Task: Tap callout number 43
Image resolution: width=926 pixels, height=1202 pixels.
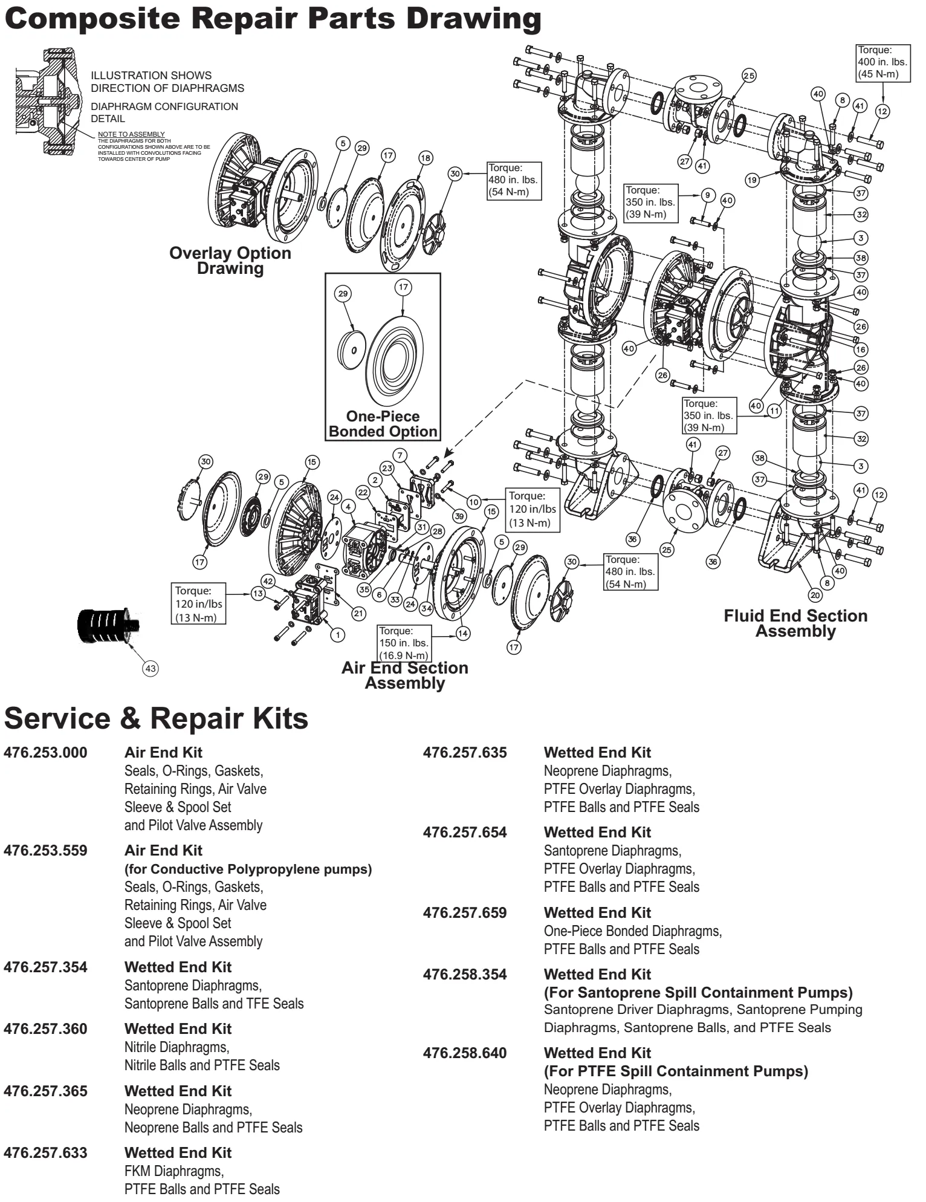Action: (x=151, y=669)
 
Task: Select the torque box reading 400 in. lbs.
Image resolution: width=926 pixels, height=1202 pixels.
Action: (x=882, y=62)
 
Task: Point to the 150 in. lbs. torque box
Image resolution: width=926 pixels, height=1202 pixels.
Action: (x=404, y=643)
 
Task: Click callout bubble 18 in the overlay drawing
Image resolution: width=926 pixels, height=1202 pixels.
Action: (x=426, y=158)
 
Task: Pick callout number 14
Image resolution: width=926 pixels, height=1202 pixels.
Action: (x=463, y=634)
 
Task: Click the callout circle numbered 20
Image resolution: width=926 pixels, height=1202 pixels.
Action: (x=815, y=595)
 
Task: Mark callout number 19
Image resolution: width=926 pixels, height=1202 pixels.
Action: (x=753, y=180)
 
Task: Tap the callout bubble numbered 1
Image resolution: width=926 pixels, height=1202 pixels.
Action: (x=337, y=634)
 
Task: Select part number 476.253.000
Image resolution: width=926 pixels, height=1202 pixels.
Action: (x=45, y=753)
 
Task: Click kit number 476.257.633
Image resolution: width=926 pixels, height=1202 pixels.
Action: (x=45, y=1153)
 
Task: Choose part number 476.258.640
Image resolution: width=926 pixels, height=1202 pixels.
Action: (x=465, y=1053)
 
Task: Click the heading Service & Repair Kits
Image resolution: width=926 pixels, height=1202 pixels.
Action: (x=157, y=719)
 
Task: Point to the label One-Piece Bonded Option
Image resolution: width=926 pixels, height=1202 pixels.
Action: (x=383, y=424)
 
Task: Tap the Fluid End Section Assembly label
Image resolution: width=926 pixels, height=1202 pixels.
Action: (x=795, y=623)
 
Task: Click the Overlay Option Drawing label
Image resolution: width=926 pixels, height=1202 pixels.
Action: (x=230, y=261)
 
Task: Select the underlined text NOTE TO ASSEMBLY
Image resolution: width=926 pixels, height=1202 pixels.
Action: (x=131, y=134)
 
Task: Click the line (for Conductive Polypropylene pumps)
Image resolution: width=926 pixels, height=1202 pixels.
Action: (x=248, y=869)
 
